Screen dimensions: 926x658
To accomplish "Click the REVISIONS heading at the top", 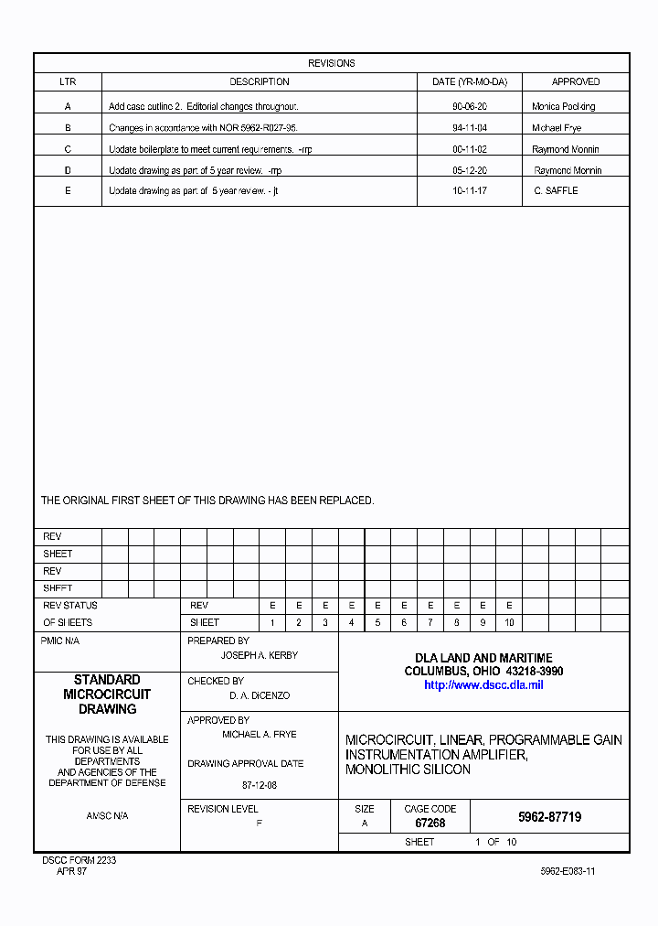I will coord(331,63).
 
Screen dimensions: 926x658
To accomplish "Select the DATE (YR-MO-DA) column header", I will coord(469,81).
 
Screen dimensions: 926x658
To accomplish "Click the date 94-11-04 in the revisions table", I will coord(469,128).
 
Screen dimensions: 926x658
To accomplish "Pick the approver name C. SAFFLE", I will coord(556,190).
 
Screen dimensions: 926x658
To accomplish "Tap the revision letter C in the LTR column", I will coord(68,149).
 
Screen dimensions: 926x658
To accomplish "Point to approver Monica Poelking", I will coord(563,107).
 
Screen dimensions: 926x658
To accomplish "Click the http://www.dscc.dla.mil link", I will coord(483,684).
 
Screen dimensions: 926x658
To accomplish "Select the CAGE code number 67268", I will coord(430,823).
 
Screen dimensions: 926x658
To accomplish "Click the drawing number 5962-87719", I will coord(549,817).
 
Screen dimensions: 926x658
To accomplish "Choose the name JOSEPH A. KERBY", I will coord(260,655).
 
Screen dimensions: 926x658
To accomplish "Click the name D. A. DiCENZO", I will coord(260,695).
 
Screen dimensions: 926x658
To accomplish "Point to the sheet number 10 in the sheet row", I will coord(508,622).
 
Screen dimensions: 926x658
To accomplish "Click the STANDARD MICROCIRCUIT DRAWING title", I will coord(107,694).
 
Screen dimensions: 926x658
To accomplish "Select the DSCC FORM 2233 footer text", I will coord(80,860).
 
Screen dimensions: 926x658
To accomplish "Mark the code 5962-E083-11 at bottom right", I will coord(568,871).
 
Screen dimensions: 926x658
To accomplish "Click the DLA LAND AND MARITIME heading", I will coord(483,658).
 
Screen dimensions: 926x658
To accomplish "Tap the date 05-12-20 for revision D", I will coord(469,170).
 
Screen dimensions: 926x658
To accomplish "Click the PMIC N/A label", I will coord(60,641).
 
